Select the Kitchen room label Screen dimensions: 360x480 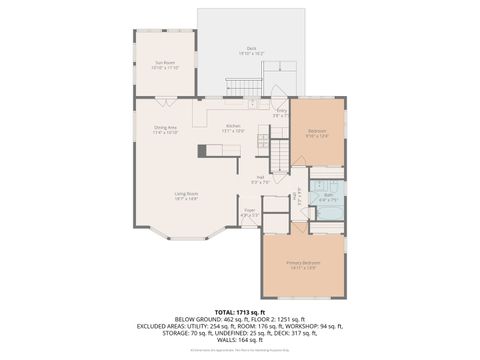232,127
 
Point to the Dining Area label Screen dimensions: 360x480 166,128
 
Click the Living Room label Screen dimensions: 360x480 186,197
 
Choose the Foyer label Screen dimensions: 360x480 250,212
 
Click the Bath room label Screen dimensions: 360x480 327,196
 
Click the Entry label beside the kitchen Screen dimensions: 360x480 281,112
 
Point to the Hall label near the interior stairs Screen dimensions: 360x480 258,179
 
